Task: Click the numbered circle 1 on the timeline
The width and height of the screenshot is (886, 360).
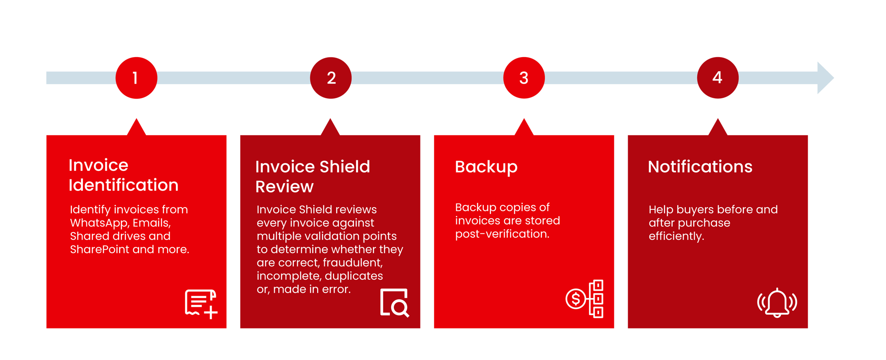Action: pos(136,78)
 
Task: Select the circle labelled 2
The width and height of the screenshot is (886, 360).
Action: pos(330,78)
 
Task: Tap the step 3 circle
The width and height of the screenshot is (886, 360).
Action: pos(524,78)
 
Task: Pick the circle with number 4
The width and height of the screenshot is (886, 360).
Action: pos(718,78)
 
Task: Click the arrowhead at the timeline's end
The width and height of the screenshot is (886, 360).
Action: pos(825,78)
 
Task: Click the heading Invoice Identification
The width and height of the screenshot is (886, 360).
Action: pos(123,175)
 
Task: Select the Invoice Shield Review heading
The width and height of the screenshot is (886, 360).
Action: pos(312,177)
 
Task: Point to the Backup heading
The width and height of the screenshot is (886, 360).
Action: pos(486,167)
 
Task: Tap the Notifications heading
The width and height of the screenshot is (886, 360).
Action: pos(700,167)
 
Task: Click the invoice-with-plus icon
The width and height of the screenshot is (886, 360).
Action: pos(201,304)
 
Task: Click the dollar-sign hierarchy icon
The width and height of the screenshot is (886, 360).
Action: pos(585,299)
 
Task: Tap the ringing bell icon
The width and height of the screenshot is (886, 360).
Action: pos(777,302)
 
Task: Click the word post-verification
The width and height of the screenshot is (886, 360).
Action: pos(502,234)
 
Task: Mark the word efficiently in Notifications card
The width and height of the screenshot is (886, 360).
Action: pos(676,236)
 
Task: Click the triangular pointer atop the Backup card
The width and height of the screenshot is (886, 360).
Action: pos(524,128)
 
